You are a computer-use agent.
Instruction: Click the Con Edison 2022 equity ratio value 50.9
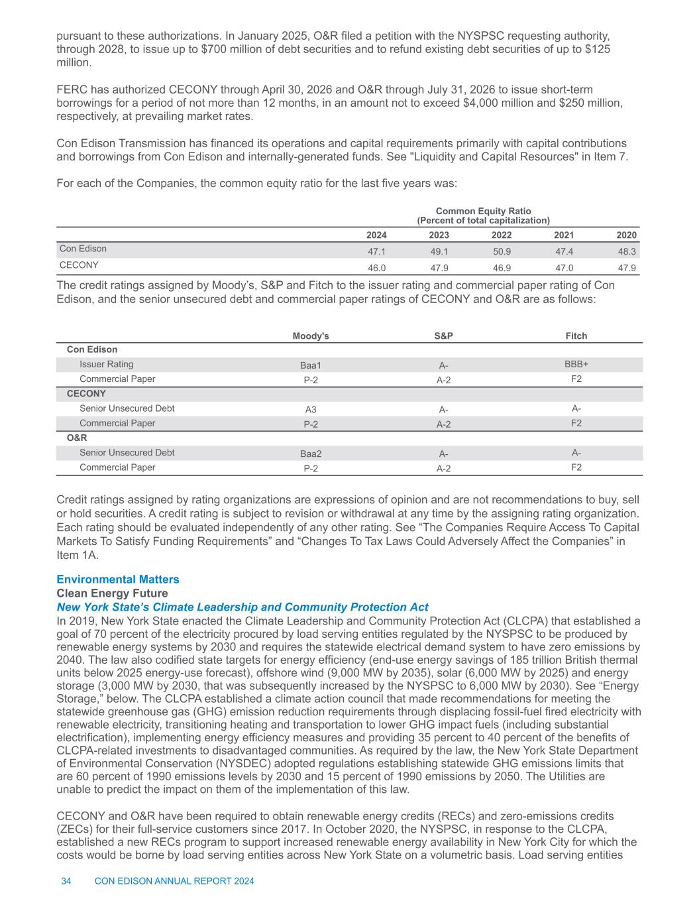tap(501, 252)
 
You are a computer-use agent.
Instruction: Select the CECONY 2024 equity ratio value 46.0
tap(377, 267)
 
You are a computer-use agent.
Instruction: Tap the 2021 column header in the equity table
tap(564, 235)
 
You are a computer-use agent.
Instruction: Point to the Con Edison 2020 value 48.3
tap(626, 252)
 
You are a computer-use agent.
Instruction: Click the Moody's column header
tap(311, 335)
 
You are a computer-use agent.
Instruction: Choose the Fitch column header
tap(576, 335)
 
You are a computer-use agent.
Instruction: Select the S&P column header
tap(443, 335)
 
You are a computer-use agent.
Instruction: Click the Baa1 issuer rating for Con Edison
tap(311, 365)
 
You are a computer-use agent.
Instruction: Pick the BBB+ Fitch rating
tap(576, 364)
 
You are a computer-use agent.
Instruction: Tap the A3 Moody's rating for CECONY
tap(311, 410)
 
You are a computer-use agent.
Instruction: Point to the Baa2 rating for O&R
tap(311, 454)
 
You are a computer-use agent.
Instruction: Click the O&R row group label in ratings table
tap(77, 438)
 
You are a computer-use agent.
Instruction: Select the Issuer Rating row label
tap(106, 364)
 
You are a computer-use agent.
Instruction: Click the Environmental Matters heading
tap(118, 579)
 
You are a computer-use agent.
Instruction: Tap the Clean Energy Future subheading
tap(112, 593)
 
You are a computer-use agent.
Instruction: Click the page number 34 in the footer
tap(66, 881)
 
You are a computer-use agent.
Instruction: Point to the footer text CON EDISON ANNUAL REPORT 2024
tap(175, 881)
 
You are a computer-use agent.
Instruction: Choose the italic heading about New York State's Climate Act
tap(242, 607)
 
